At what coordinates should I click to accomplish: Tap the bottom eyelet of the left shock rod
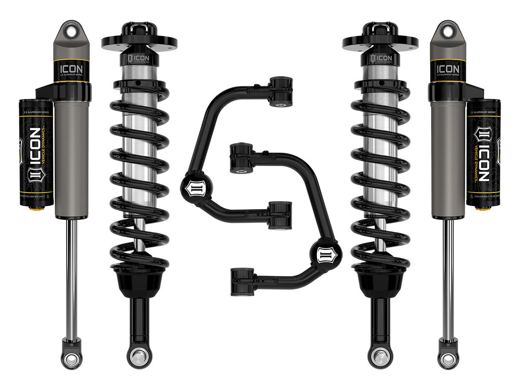72,359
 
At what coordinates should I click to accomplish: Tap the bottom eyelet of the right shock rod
448,359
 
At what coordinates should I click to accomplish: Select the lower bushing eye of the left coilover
139,356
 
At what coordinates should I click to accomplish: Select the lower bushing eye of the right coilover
381,356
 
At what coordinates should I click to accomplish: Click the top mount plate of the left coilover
139,42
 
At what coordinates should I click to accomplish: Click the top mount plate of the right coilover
380,42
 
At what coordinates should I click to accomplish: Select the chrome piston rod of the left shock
72,279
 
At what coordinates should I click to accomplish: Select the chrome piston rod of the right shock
447,279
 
